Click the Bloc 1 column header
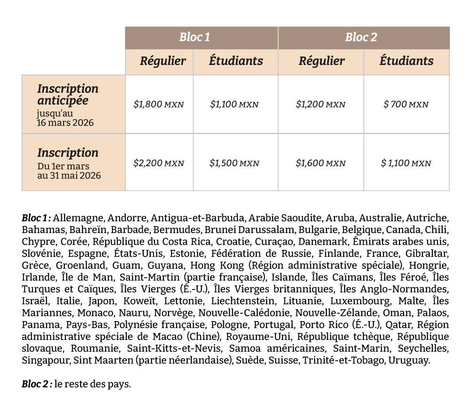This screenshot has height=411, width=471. pos(195,38)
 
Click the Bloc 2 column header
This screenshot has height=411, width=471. pos(361,38)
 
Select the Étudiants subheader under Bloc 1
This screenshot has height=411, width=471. pos(236,61)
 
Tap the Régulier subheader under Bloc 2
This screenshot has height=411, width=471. pos(322,61)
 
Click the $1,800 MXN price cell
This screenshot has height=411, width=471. pos(159,105)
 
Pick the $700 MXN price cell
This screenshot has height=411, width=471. pos(406,105)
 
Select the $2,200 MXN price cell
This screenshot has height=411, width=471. pos(159,163)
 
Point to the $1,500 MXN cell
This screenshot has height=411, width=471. pos(235,163)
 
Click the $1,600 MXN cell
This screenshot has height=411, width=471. pos(321,163)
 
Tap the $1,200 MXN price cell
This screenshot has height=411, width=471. pos(321,105)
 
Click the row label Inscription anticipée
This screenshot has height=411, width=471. pos(68,95)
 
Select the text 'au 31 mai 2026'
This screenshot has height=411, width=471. pos(69,176)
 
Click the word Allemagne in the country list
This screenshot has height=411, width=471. pos(79,218)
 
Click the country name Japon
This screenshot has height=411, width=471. pos(101,301)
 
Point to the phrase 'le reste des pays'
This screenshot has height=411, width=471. pos(92,385)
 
